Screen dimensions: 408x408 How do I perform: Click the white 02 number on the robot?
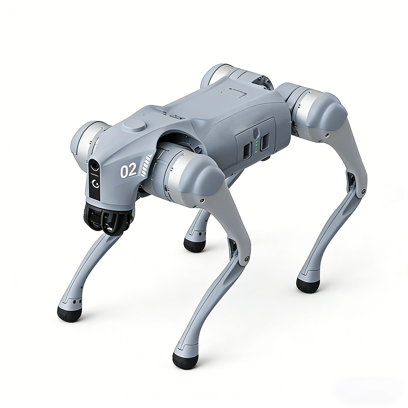[128, 171]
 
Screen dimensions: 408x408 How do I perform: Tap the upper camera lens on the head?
[95, 166]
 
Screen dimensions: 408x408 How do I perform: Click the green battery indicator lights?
[257, 146]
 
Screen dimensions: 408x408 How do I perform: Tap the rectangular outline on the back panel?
[233, 93]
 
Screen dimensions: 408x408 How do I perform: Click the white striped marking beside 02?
[146, 166]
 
